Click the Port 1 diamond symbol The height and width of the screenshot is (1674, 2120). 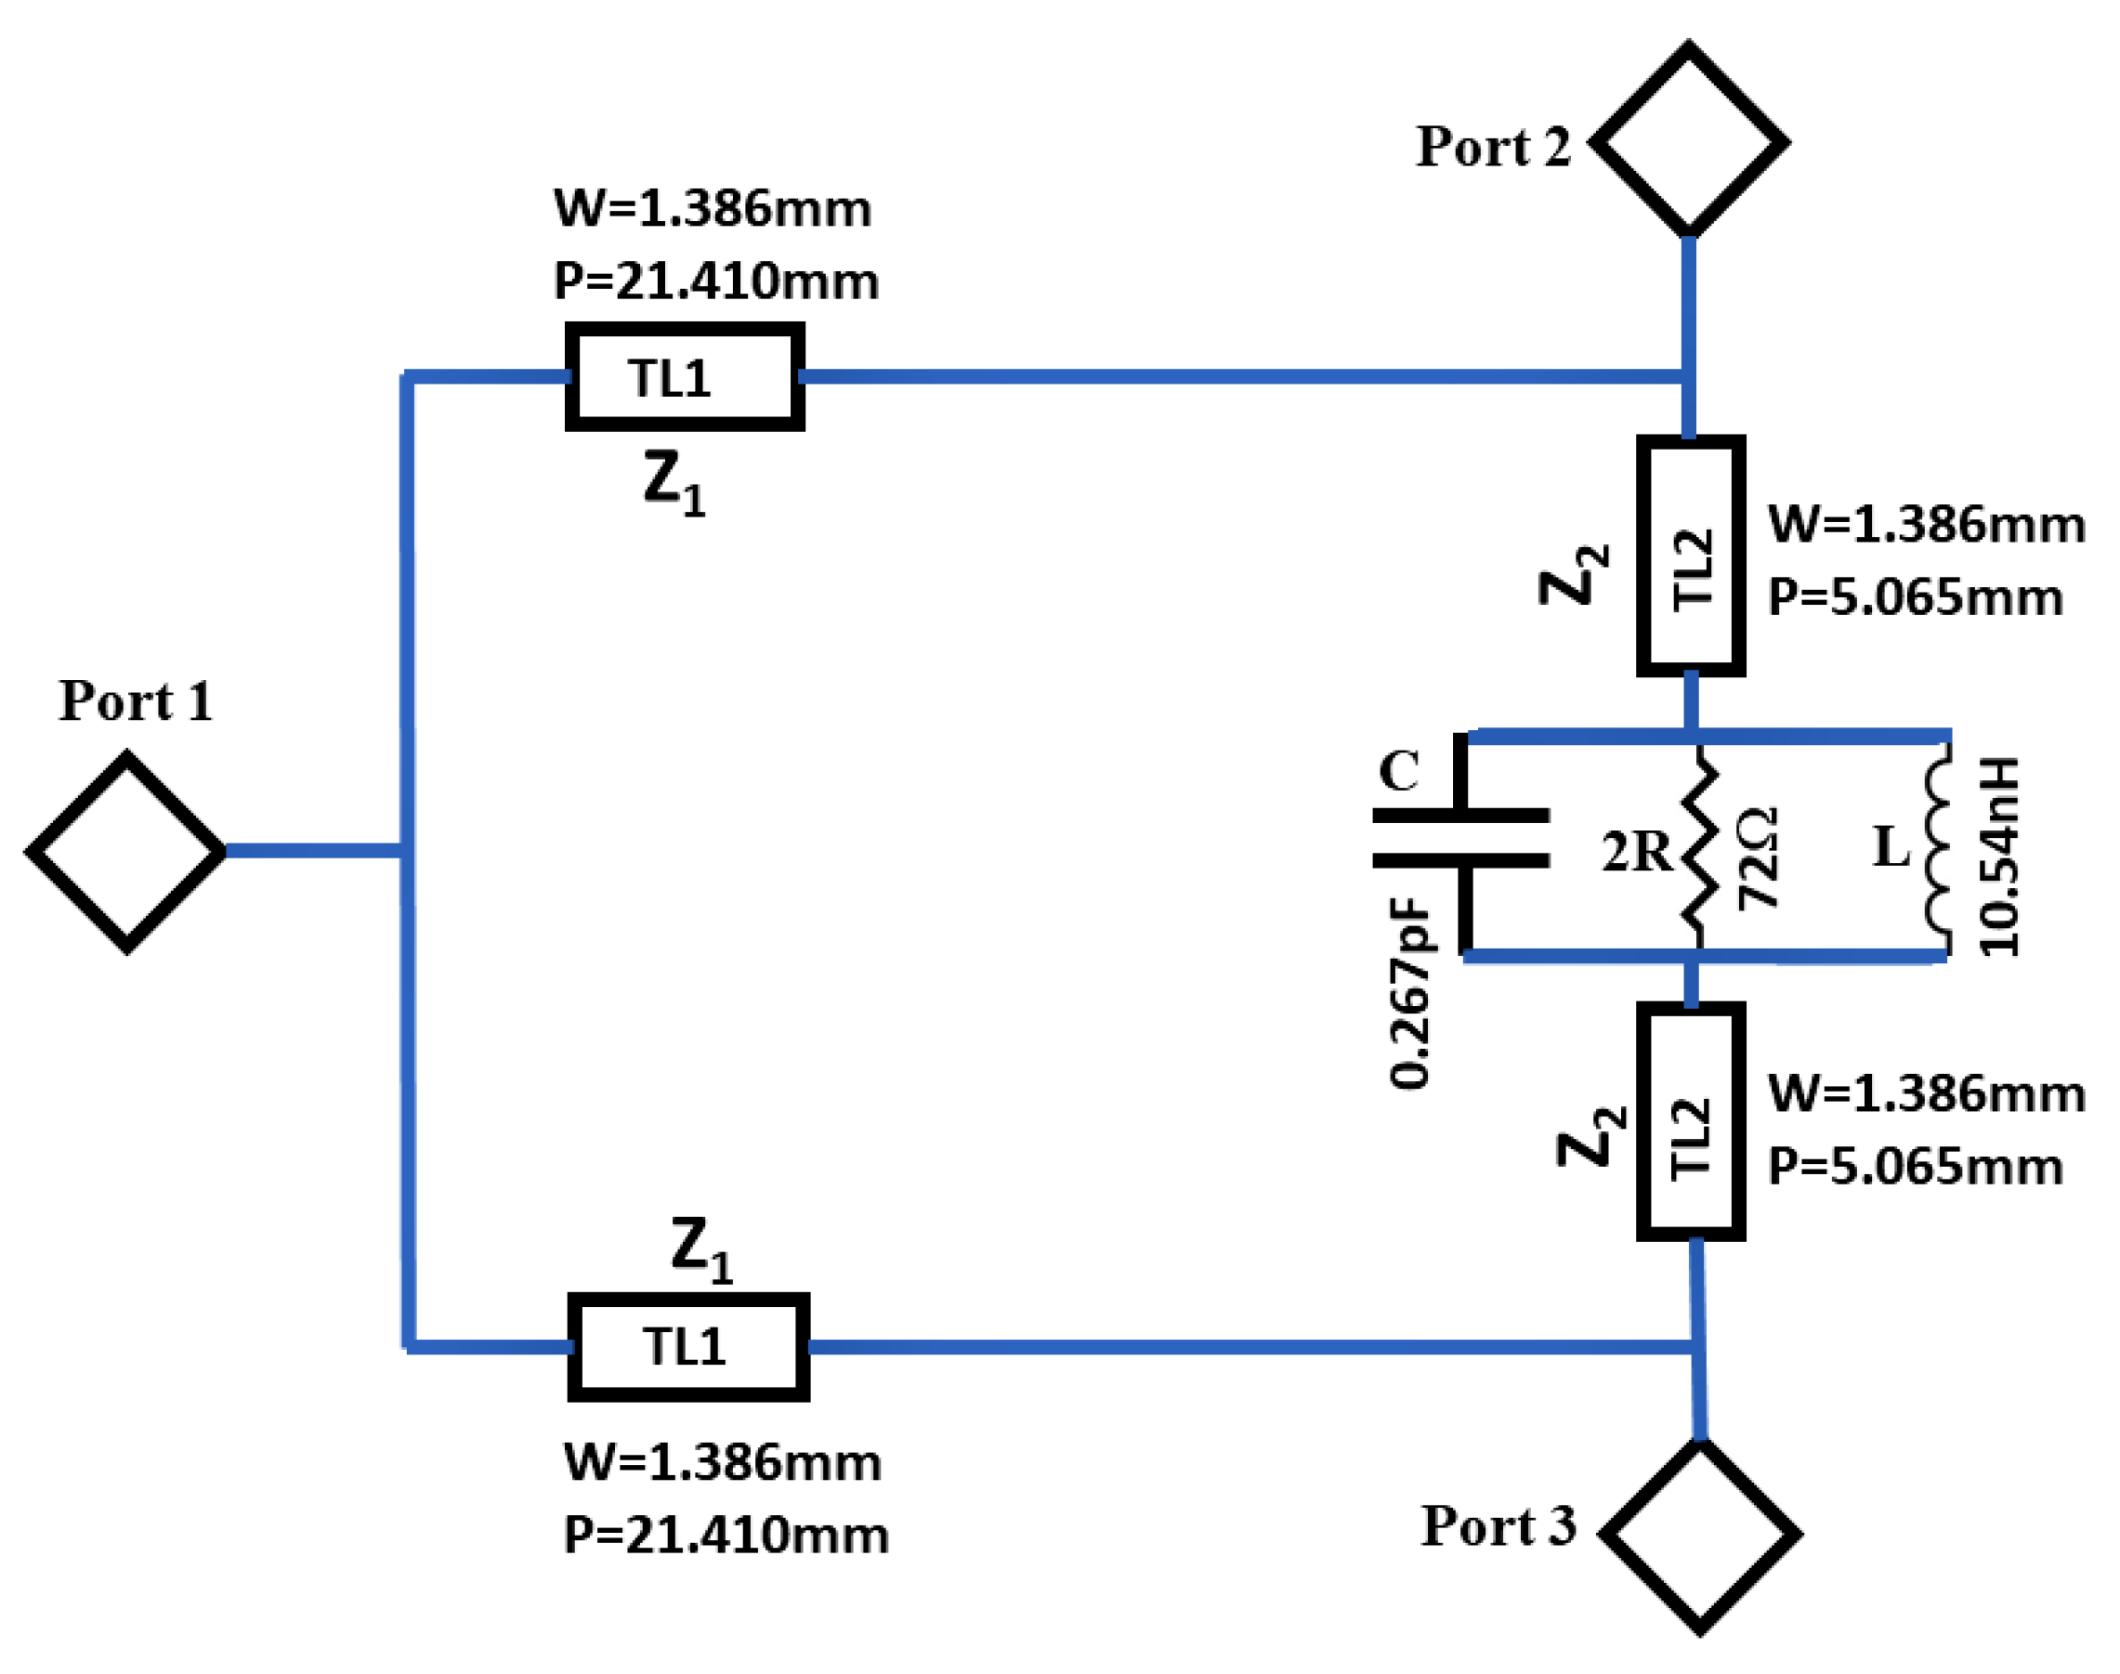coord(126,852)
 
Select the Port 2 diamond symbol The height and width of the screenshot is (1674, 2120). coord(1688,141)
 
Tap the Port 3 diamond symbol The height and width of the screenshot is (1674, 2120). coord(1698,1534)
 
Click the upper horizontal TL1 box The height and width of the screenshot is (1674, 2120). coord(684,376)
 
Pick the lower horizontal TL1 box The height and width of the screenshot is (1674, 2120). coord(688,1347)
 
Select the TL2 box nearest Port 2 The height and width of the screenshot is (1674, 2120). coord(1690,556)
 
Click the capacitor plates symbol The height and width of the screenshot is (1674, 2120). coord(1460,839)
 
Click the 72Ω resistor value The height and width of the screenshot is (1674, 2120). coord(1758,857)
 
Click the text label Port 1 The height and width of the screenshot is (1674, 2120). coord(137,701)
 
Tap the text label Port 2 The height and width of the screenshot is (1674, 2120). coord(1493,147)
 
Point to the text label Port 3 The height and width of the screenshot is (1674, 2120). coord(1498,1526)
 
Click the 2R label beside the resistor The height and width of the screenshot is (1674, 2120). coord(1635,852)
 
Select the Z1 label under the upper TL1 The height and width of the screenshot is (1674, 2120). coord(674,484)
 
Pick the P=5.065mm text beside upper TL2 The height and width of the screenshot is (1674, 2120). coord(1914,598)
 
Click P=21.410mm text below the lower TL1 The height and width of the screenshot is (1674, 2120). coord(726,1534)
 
